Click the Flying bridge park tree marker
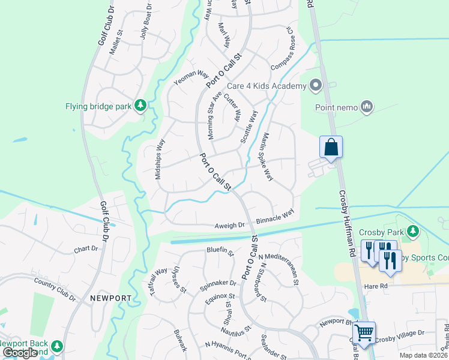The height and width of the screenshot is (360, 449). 140,106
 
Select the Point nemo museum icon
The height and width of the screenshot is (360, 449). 367,107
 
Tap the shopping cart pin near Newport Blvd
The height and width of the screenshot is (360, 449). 364,332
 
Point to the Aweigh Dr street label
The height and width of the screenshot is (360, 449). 230,226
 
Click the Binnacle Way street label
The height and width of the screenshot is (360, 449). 275,217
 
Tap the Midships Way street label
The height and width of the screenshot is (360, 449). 160,159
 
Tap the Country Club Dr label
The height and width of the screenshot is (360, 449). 55,289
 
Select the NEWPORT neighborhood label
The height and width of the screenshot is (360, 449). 110,298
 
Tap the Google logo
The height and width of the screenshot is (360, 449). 20,353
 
